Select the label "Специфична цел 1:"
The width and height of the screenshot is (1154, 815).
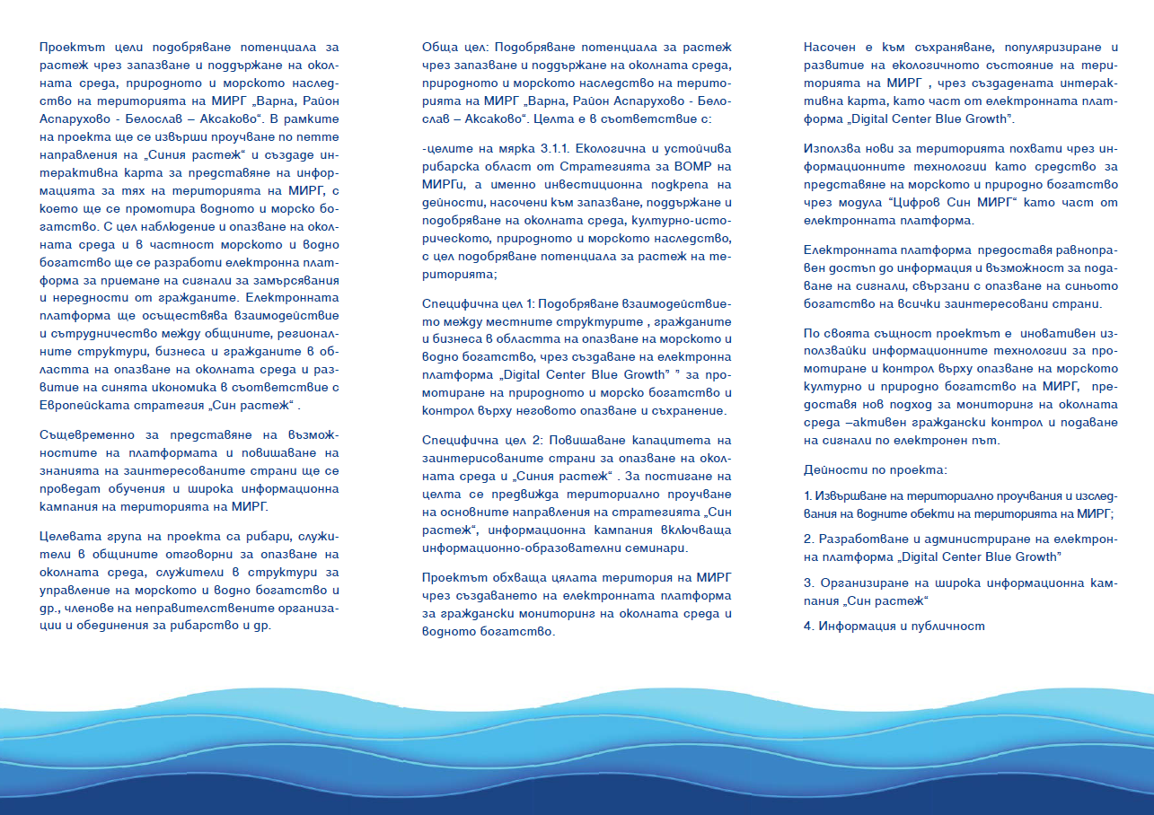tap(472, 306)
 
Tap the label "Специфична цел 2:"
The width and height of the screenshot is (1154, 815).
tap(472, 440)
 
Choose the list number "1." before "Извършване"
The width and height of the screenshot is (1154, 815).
tap(808, 495)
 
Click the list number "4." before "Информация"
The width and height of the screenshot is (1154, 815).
tap(808, 626)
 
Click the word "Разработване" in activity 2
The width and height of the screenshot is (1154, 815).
tap(860, 539)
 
